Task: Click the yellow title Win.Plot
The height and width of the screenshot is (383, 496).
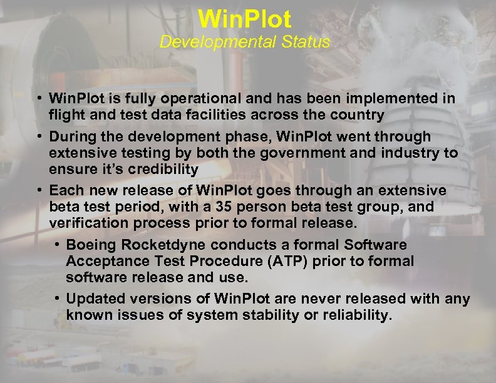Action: pyautogui.click(x=244, y=19)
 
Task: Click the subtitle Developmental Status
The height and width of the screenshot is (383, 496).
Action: pyautogui.click(x=244, y=43)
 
